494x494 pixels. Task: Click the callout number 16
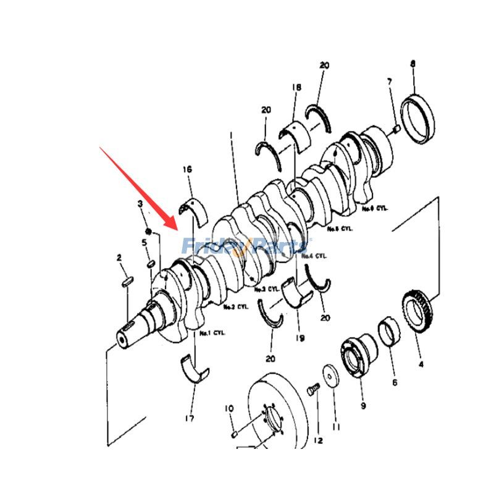[x=187, y=169]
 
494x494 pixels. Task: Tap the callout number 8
[x=412, y=64]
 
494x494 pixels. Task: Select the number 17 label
[x=189, y=419]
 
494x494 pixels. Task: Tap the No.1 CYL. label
[x=213, y=334]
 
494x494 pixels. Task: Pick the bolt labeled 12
[x=312, y=390]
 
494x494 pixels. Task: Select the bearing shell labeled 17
[x=195, y=369]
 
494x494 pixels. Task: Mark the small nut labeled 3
[x=148, y=232]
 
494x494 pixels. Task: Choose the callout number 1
[x=230, y=134]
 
